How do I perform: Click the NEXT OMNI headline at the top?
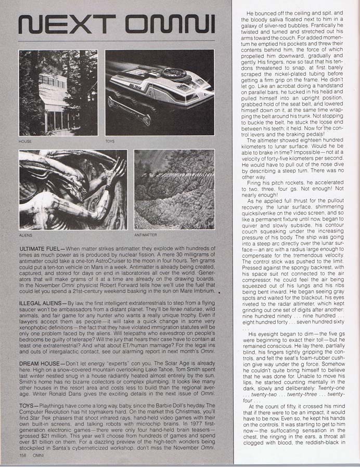coord(116,24)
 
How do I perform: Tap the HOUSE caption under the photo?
coord(25,141)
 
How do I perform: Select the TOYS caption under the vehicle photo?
coord(110,141)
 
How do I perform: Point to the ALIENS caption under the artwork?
coord(26,235)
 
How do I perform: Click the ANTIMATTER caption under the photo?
coord(144,235)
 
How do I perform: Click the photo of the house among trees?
coord(58,93)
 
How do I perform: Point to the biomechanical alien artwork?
coord(72,189)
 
